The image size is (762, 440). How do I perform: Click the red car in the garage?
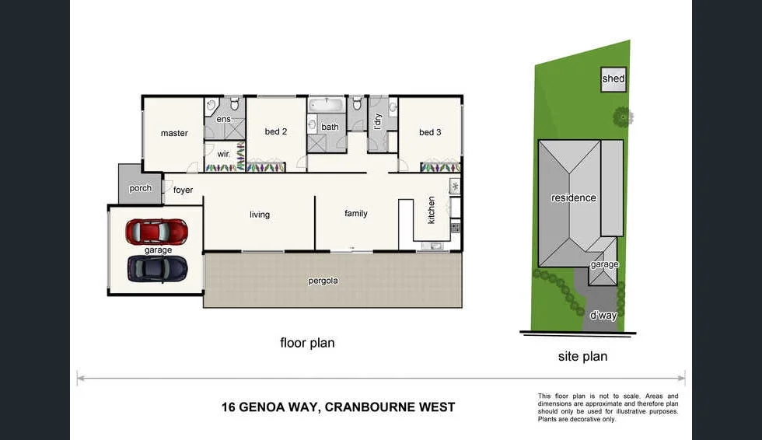pos(157,232)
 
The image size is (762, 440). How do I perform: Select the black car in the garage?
pos(157,268)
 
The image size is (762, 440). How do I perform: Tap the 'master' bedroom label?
pos(174,133)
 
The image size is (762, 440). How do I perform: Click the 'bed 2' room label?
pos(276,131)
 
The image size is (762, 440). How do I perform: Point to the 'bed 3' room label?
pos(430,132)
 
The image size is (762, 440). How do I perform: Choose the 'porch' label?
pos(141,188)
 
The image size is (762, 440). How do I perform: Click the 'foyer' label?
pos(183,190)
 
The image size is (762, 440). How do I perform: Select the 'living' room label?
pos(260,215)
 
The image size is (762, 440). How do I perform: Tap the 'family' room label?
pos(356,213)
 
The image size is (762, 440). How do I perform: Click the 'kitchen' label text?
pos(432,210)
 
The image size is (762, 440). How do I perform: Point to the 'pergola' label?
pos(323,281)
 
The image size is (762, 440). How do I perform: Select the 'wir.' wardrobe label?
pos(223,153)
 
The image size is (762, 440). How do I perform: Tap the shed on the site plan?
pos(613,79)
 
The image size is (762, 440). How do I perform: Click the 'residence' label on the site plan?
pos(574,197)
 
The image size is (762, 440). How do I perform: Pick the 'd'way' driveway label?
pos(603,316)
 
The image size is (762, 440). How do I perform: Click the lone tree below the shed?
pos(622,117)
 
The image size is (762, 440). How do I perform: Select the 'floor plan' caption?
pos(307,342)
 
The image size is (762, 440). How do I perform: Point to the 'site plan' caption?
pos(582,357)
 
